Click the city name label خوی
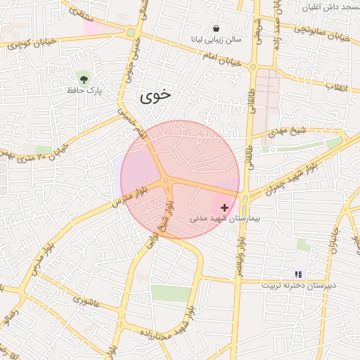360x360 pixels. click(156, 96)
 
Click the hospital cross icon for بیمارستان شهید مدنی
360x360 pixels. click(224, 207)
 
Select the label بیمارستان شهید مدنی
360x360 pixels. click(225, 219)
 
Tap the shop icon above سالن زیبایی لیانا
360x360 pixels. click(215, 28)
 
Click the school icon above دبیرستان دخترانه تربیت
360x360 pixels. click(298, 274)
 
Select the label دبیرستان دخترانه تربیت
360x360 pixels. click(299, 285)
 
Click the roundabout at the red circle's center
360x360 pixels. click(167, 181)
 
